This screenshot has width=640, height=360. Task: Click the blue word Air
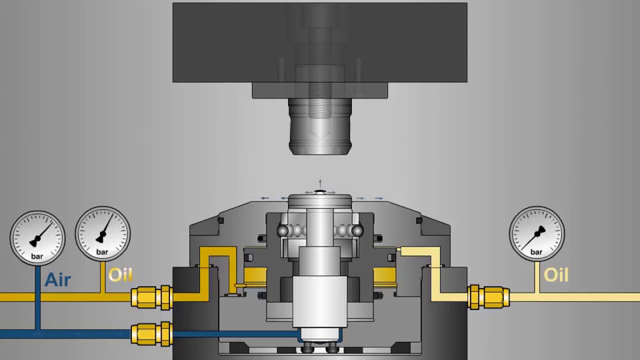coord(57,279)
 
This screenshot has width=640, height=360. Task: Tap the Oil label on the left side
coord(120,275)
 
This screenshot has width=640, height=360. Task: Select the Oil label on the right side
coord(555,275)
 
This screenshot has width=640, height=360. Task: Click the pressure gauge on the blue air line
coord(37,238)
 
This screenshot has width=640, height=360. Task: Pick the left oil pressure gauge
coord(102,233)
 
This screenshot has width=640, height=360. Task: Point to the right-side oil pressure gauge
coord(536,233)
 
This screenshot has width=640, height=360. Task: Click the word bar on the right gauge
coord(536,252)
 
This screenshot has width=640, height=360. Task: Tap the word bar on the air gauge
coord(37,256)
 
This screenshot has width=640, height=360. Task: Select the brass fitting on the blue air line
coord(151,334)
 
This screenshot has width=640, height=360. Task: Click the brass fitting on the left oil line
coord(151,297)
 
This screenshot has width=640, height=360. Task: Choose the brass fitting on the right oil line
coord(488,297)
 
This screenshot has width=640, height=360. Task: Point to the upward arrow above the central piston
coord(320,183)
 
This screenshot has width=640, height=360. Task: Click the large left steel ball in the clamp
coord(283,230)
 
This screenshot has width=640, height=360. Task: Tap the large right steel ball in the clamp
coord(357,230)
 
